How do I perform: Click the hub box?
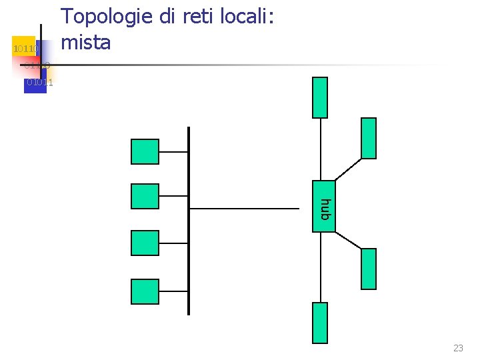[324, 206]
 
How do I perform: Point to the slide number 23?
[458, 348]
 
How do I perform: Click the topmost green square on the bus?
[145, 151]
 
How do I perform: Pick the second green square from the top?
[145, 196]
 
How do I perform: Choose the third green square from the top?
[145, 243]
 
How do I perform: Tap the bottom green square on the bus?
[145, 291]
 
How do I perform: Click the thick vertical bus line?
[189, 220]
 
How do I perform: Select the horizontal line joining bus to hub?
[245, 209]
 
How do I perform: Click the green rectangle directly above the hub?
[320, 97]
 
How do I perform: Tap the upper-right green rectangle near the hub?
[368, 138]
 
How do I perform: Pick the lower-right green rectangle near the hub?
[368, 269]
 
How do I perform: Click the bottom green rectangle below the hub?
[320, 323]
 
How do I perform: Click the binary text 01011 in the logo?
[39, 83]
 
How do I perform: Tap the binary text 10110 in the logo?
[26, 49]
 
